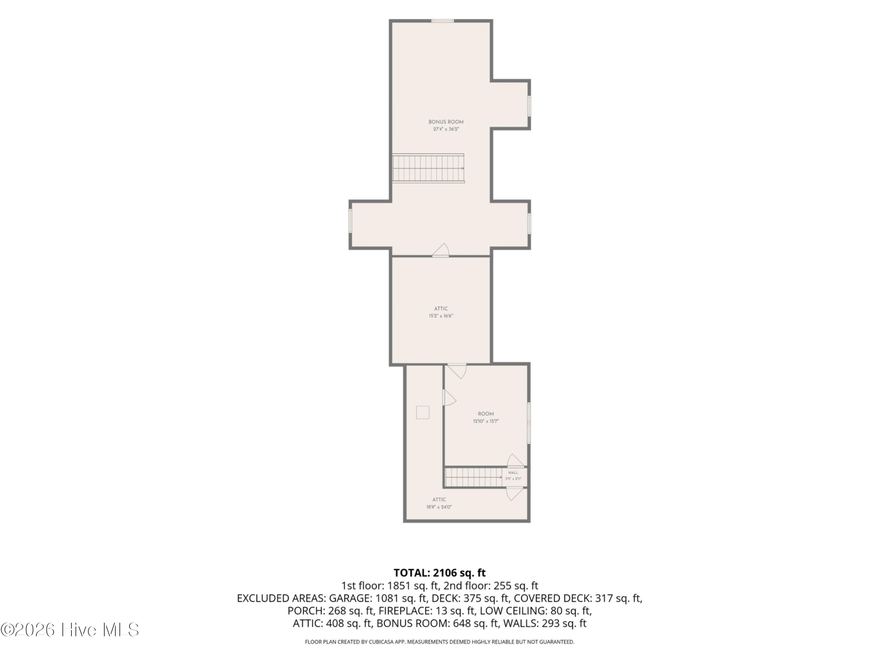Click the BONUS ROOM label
coord(446,122)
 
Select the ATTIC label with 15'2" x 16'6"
coord(441,309)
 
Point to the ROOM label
coord(486,414)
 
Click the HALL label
coord(513,473)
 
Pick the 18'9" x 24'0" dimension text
coord(439,507)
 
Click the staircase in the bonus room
coord(428,168)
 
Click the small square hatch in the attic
coord(423,412)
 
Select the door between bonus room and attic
coord(441,251)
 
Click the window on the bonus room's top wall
coord(443,21)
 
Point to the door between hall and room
coord(515,461)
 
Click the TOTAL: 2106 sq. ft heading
coord(439,573)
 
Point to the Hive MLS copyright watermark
coord(70,630)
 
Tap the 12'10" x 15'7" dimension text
coord(486,421)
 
